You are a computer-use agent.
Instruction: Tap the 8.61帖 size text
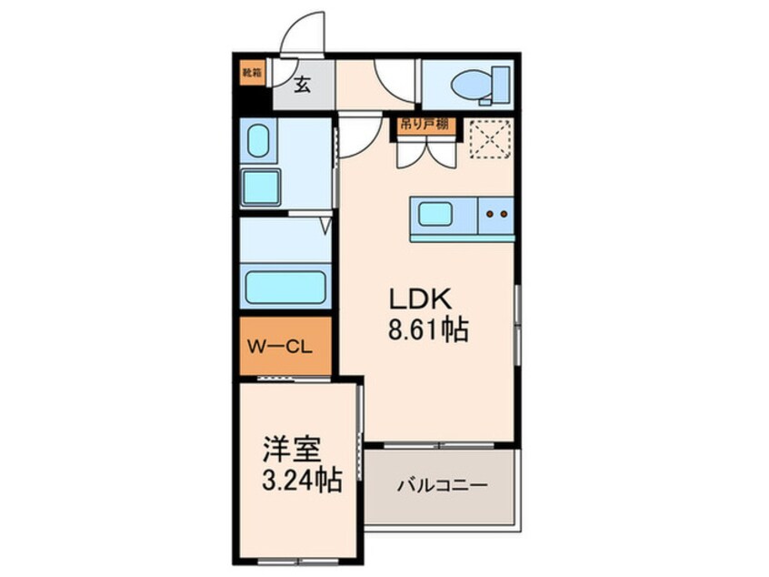(428, 329)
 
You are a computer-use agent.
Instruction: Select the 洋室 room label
(291, 450)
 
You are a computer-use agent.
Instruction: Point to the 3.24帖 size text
(301, 481)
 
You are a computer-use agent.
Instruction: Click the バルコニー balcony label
(442, 485)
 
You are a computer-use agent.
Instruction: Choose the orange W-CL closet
(284, 347)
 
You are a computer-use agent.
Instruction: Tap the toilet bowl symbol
(473, 86)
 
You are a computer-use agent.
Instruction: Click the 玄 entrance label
(303, 86)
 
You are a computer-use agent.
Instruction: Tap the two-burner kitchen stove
(496, 215)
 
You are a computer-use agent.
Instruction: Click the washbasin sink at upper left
(258, 143)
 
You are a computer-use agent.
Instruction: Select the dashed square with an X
(491, 139)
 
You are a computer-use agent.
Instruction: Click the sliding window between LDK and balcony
(440, 445)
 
